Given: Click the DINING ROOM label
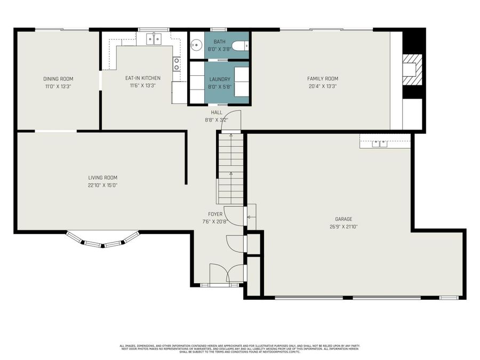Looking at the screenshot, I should (x=58, y=79).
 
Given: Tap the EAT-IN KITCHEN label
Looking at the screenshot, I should (x=142, y=78).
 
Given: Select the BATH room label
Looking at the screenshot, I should (x=220, y=42).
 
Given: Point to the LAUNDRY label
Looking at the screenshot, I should (x=220, y=79).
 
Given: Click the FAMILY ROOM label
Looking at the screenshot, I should (x=323, y=79).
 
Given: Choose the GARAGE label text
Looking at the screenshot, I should (x=343, y=219).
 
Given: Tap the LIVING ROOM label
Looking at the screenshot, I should (x=103, y=178).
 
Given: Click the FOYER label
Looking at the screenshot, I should (x=215, y=214).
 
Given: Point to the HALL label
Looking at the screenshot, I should (x=217, y=113).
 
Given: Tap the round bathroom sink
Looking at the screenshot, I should (x=196, y=45).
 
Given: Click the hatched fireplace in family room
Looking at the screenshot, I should (x=412, y=69).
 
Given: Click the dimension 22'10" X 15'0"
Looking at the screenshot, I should (x=103, y=185).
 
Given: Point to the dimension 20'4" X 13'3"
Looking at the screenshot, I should (x=323, y=86).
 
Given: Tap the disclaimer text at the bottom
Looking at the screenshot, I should (x=239, y=349).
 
